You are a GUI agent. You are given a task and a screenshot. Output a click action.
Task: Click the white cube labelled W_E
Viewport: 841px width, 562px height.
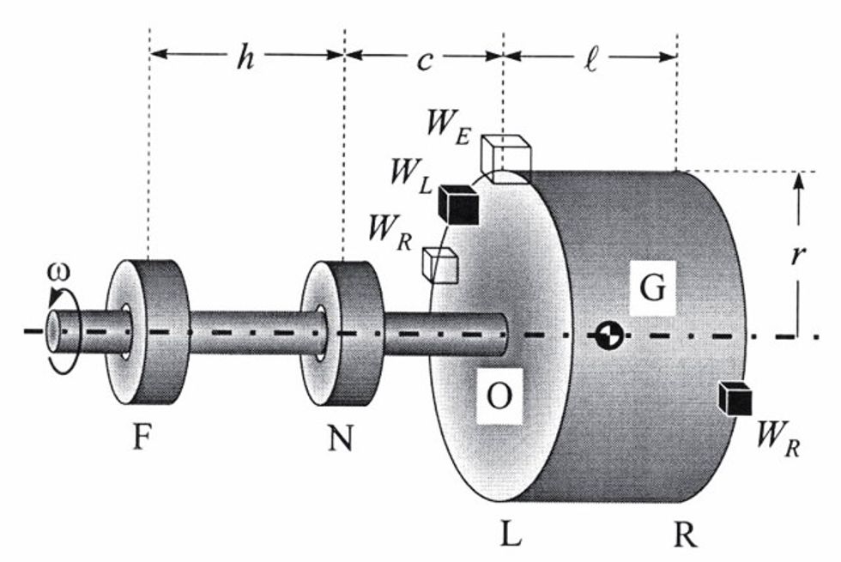tap(505, 157)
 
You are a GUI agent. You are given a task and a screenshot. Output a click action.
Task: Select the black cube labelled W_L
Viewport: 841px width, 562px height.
tap(458, 204)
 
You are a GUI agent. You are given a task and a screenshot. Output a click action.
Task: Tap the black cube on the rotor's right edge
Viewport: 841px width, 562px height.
tap(735, 398)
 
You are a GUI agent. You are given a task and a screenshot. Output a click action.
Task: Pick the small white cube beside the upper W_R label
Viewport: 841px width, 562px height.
tap(439, 265)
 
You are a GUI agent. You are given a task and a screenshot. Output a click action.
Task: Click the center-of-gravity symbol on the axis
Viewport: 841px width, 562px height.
tap(608, 335)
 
